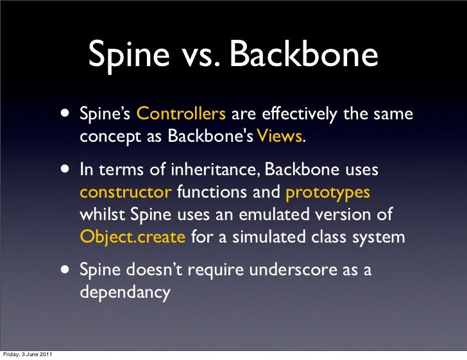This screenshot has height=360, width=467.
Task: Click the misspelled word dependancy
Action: pos(125,293)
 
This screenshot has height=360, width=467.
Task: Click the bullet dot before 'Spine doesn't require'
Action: pos(67,270)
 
